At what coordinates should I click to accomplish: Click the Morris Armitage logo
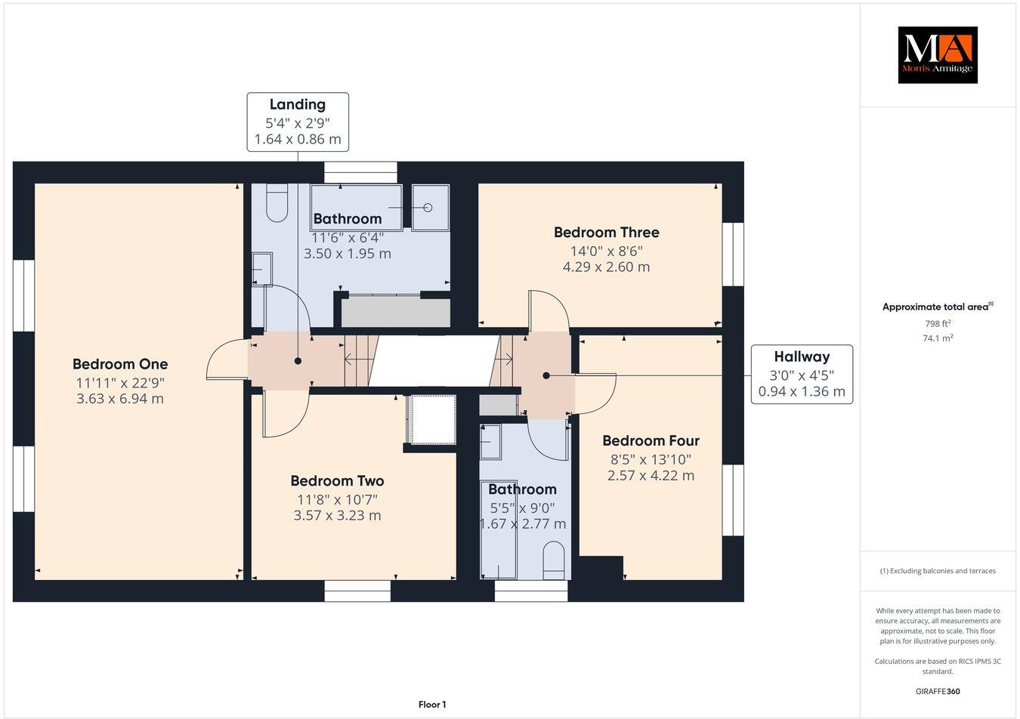pos(937,54)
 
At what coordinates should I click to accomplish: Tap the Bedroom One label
pos(120,364)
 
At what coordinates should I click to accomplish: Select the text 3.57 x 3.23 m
pos(337,516)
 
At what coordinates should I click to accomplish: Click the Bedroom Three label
pos(606,233)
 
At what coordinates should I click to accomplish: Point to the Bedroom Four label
pos(651,440)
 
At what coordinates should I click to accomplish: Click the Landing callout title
pos(298,105)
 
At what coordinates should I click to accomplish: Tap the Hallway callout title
pos(801,356)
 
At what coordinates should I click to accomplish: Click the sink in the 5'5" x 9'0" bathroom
pos(490,441)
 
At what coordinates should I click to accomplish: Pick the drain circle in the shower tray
pos(428,207)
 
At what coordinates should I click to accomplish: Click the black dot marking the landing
pos(298,362)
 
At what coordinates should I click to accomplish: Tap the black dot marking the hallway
pos(546,375)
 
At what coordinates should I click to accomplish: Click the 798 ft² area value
pos(938,323)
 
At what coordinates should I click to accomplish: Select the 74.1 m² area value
pos(938,338)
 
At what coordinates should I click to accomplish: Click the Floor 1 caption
pos(432,705)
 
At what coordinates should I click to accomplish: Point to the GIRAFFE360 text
pos(938,691)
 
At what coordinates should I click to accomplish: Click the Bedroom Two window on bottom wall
pos(357,591)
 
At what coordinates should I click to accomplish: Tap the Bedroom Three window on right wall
pos(732,254)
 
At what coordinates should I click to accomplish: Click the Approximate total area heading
pos(937,307)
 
